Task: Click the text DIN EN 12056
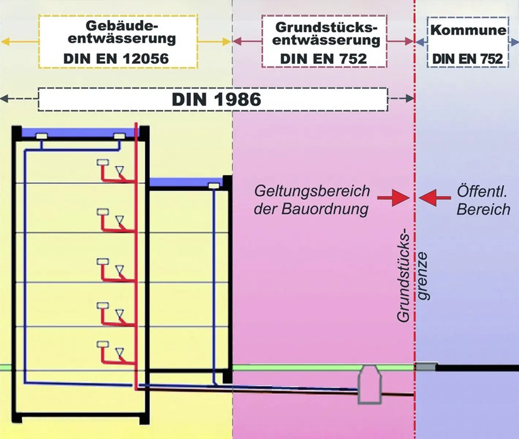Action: pyautogui.click(x=116, y=59)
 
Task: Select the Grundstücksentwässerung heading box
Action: pyautogui.click(x=324, y=41)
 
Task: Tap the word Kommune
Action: pyautogui.click(x=468, y=30)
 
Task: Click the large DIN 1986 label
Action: pyautogui.click(x=216, y=99)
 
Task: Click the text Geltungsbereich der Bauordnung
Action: pyautogui.click(x=311, y=200)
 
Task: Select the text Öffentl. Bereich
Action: pyautogui.click(x=483, y=200)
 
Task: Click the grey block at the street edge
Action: pyautogui.click(x=426, y=366)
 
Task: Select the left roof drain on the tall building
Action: pyautogui.click(x=41, y=136)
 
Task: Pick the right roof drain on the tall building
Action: pyautogui.click(x=120, y=136)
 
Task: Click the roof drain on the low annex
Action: pyautogui.click(x=213, y=186)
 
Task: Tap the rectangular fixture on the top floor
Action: pyautogui.click(x=102, y=162)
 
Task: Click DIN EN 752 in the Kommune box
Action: pyautogui.click(x=467, y=59)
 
